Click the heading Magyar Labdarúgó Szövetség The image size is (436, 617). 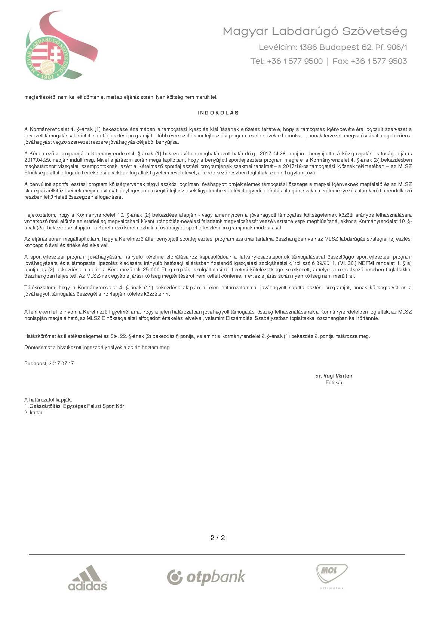tap(314, 31)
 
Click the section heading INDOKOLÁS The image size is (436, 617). tap(218, 113)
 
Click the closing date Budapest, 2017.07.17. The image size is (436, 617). tap(50, 363)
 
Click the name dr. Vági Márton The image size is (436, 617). tap(334, 376)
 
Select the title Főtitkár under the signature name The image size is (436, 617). tap(334, 383)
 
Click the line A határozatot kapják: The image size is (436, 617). tap(48, 400)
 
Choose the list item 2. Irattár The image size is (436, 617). tap(33, 413)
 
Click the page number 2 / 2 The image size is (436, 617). tap(218, 538)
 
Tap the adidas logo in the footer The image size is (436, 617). tap(87, 578)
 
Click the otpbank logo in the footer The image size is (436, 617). tap(206, 577)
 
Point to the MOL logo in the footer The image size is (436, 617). tap(332, 575)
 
